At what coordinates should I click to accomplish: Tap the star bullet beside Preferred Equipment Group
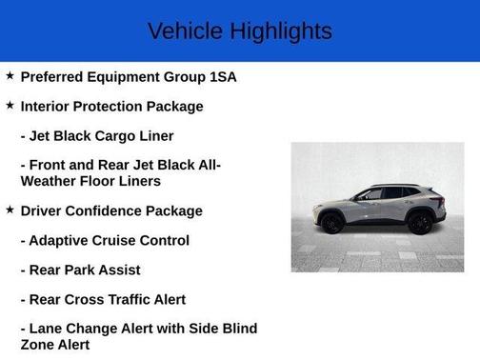click(x=10, y=75)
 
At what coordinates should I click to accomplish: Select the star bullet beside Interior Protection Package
click(x=10, y=105)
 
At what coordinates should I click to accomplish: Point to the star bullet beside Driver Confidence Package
click(x=10, y=210)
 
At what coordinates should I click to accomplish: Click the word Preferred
click(x=54, y=76)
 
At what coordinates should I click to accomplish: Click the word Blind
click(x=237, y=329)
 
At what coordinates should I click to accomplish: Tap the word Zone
click(x=38, y=345)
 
